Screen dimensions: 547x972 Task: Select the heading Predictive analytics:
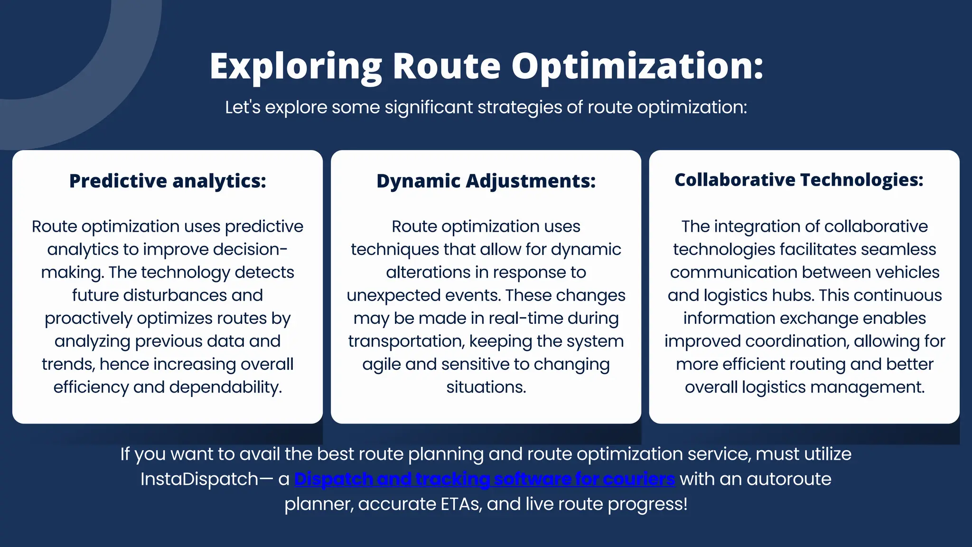pyautogui.click(x=168, y=181)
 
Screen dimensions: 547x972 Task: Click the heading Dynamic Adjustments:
pyautogui.click(x=486, y=181)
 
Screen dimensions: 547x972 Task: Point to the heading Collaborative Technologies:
pyautogui.click(x=799, y=179)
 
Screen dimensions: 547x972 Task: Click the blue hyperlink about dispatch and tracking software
pyautogui.click(x=484, y=479)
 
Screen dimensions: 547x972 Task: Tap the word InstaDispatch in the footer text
pyautogui.click(x=199, y=479)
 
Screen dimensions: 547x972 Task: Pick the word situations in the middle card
pyautogui.click(x=486, y=387)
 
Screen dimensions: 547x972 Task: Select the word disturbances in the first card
pyautogui.click(x=175, y=295)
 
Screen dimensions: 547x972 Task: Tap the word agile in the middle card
pyautogui.click(x=381, y=364)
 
